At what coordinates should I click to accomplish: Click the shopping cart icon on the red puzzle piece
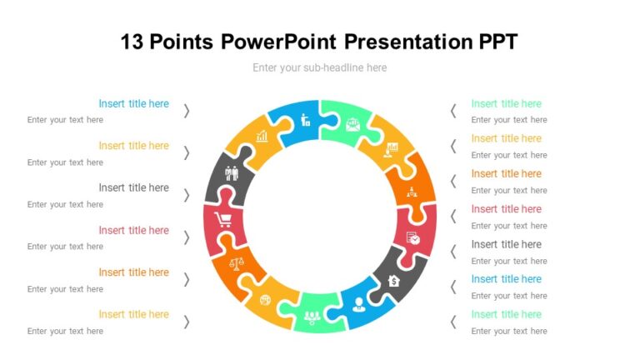pyautogui.click(x=223, y=220)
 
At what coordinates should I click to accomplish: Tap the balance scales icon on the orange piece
pyautogui.click(x=237, y=264)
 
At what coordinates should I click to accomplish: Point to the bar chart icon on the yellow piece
pyautogui.click(x=262, y=135)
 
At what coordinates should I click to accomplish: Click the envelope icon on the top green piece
pyautogui.click(x=352, y=124)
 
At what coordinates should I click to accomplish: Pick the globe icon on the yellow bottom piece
pyautogui.click(x=266, y=300)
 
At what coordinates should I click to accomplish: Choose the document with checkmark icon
pyautogui.click(x=412, y=238)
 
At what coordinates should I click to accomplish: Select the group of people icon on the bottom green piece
pyautogui.click(x=312, y=316)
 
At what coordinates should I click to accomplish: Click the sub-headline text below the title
pyautogui.click(x=320, y=67)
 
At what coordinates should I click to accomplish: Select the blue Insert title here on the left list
pyautogui.click(x=133, y=104)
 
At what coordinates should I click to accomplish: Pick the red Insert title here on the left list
pyautogui.click(x=133, y=230)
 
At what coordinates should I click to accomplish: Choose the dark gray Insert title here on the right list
pyautogui.click(x=506, y=244)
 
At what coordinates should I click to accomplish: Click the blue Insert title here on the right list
pyautogui.click(x=506, y=279)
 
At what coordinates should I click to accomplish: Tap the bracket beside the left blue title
pyautogui.click(x=187, y=110)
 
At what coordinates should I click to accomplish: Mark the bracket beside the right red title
pyautogui.click(x=453, y=216)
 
